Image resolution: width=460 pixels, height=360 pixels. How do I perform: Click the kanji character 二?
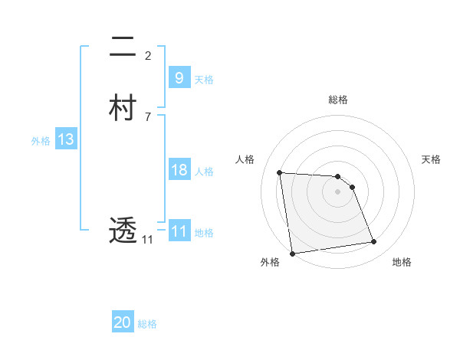123,47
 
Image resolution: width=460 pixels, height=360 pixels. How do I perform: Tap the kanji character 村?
123,108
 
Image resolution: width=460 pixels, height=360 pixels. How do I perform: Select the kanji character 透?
123,229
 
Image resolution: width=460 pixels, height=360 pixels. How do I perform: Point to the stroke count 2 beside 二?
147,55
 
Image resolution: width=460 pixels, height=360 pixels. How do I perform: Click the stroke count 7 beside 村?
147,116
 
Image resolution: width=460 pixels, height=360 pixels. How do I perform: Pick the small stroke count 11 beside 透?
147,239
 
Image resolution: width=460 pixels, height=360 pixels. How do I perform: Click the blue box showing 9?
179,78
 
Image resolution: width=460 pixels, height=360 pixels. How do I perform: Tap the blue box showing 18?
179,170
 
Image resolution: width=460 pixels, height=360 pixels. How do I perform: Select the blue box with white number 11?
179,231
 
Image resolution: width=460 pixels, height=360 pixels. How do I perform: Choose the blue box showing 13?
65,139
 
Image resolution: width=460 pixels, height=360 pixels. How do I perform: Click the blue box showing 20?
123,322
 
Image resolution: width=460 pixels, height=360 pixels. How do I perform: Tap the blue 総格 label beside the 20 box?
147,324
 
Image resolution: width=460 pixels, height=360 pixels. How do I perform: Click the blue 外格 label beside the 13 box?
41,141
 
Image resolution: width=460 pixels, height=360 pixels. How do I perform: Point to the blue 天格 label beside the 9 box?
204,80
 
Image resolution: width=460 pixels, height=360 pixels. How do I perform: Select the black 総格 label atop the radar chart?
338,100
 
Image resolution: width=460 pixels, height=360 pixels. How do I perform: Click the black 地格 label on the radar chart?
402,263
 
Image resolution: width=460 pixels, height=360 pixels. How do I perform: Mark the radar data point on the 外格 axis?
292,253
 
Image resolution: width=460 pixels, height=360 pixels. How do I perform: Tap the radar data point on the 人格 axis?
280,172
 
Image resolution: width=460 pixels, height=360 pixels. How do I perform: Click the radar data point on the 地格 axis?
374,242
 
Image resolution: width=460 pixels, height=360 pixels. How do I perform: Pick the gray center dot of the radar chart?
338,192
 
